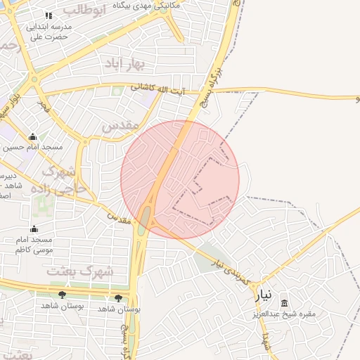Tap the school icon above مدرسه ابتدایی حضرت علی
point(49,15)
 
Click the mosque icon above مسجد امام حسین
point(32,137)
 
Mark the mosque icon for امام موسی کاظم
point(34,229)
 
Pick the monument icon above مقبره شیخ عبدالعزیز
point(284,303)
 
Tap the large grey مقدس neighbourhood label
point(117,127)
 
